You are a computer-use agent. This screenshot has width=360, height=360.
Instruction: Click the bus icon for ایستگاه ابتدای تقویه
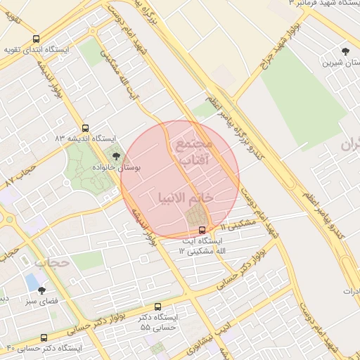(36, 39)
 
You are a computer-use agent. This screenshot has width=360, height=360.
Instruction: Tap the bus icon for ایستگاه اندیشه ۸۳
(85, 128)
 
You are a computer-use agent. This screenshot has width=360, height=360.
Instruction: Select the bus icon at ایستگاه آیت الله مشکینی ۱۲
(202, 229)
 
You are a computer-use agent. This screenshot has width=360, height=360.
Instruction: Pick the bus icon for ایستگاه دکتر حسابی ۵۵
(157, 307)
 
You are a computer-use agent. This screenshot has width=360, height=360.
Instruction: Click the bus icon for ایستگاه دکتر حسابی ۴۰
(44, 337)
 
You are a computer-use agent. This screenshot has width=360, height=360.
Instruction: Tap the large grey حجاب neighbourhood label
(53, 262)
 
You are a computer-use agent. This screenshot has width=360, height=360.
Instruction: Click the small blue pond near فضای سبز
(32, 281)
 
